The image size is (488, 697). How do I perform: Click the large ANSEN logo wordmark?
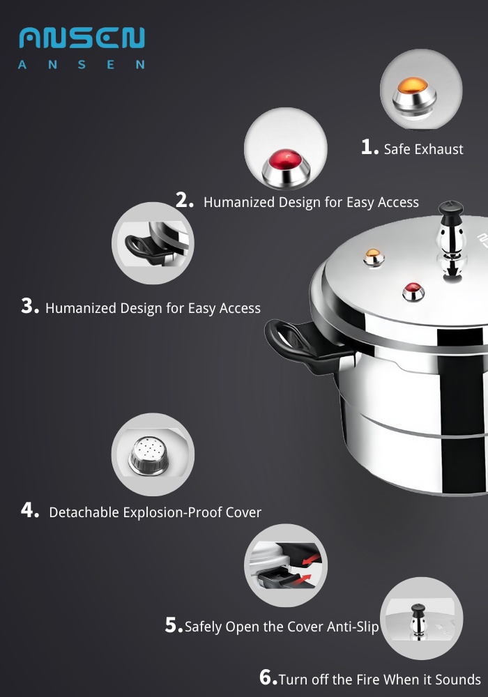(82, 38)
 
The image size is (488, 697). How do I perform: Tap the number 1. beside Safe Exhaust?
(369, 147)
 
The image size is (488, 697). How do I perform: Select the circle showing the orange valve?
(421, 89)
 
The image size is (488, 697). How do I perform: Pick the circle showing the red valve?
(286, 148)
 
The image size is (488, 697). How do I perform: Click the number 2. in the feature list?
(185, 201)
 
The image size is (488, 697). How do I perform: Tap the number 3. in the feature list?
(30, 307)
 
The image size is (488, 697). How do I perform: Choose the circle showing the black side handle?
(153, 244)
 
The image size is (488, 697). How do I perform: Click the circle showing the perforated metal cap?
(153, 454)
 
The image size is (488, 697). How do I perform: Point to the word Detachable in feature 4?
(84, 512)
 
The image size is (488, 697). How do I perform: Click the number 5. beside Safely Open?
(174, 626)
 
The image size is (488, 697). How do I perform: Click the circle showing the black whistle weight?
(421, 618)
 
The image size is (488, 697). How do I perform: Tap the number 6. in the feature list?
(268, 678)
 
